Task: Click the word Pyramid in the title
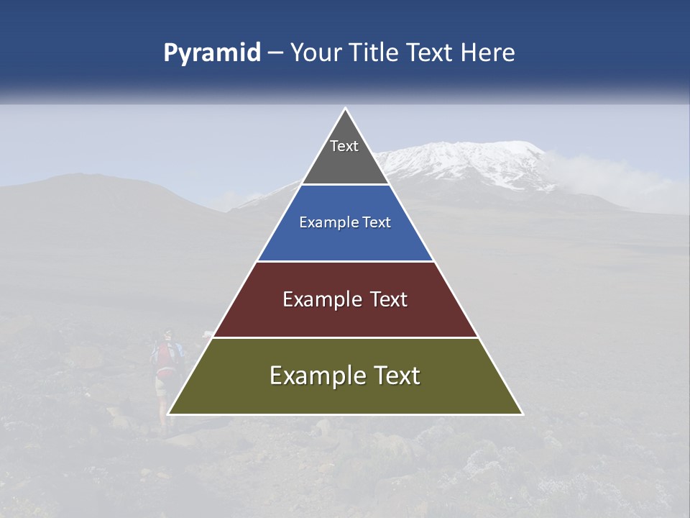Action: tap(211, 53)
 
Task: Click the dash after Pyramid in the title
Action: tap(275, 53)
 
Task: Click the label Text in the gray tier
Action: tap(344, 146)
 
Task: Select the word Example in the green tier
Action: tap(316, 376)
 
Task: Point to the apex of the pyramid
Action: tap(346, 109)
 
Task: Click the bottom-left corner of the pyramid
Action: tap(169, 414)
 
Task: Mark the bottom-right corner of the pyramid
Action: tap(522, 414)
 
